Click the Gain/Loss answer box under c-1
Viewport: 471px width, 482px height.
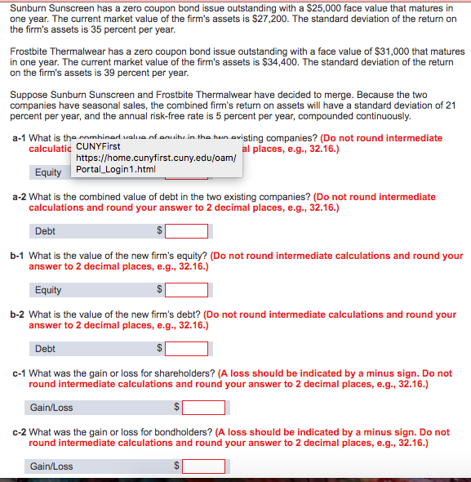click(203, 407)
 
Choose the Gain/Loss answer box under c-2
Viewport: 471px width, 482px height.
click(203, 466)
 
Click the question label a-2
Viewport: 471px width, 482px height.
click(18, 197)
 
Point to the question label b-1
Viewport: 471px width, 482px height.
click(18, 256)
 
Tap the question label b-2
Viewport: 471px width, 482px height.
click(18, 315)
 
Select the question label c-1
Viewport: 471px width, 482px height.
click(18, 373)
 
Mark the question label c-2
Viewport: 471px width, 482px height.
click(18, 432)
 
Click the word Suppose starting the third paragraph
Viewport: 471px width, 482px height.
click(30, 95)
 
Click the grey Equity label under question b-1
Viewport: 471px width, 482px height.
click(48, 290)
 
